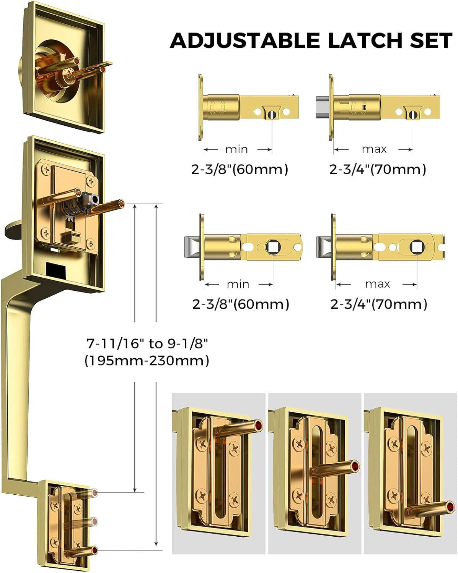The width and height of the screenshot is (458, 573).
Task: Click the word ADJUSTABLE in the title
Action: click(244, 40)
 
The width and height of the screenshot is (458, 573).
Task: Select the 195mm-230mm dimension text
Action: click(147, 361)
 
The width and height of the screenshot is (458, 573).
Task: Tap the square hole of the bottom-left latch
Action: click(273, 248)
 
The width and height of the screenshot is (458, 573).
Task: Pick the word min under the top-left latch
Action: click(236, 149)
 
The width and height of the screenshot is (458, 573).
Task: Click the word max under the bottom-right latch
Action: click(377, 284)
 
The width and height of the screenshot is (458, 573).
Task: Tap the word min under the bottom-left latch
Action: click(238, 284)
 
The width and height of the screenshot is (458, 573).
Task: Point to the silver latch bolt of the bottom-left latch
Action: click(192, 248)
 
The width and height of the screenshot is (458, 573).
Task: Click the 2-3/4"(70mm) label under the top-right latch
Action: click(377, 169)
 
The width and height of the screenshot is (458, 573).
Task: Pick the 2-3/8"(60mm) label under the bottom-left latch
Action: click(241, 304)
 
